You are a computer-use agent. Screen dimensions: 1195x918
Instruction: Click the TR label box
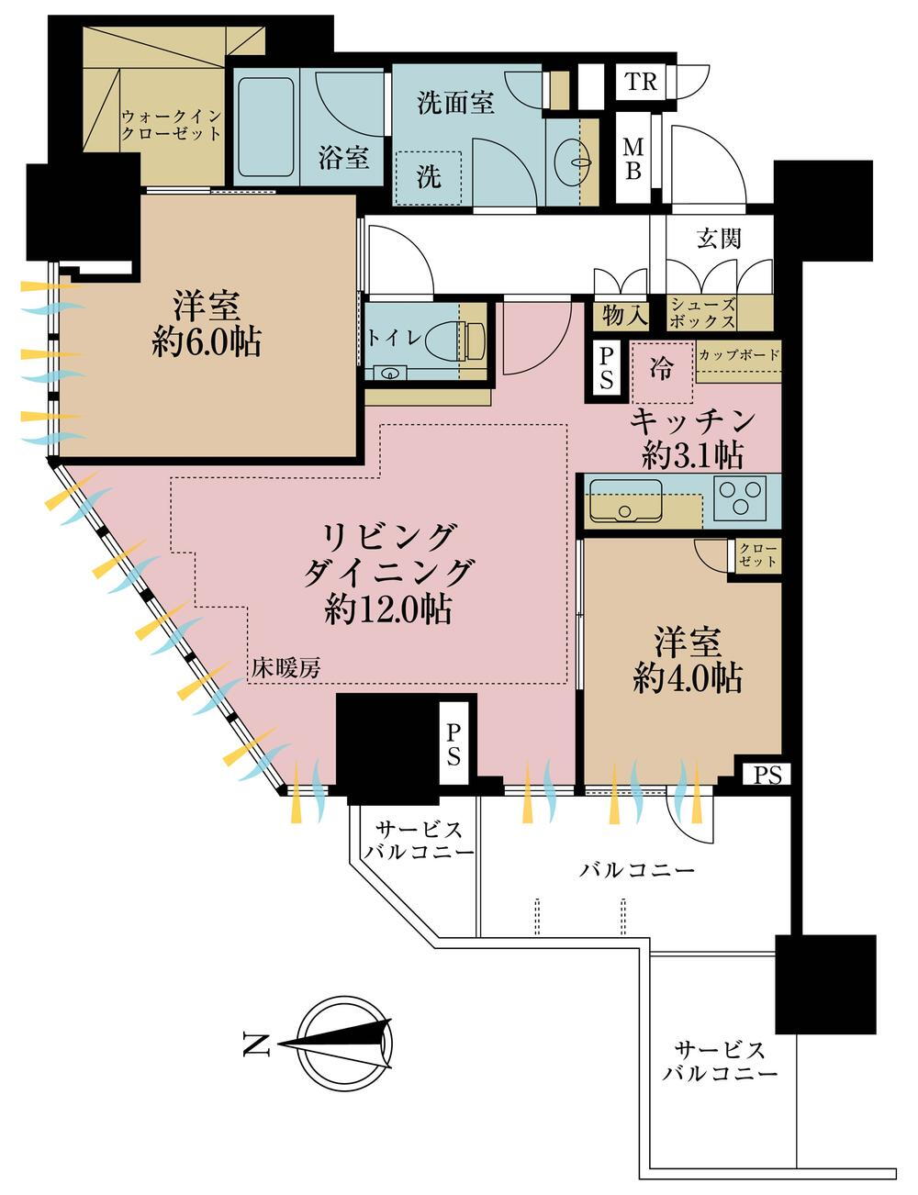coord(642,82)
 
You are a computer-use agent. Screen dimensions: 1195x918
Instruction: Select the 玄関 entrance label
coord(718,239)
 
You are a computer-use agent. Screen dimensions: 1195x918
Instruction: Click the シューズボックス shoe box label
coord(702,314)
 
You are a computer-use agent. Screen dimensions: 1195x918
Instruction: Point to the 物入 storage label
coord(625,316)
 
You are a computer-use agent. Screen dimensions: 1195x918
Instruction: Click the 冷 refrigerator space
coord(661,370)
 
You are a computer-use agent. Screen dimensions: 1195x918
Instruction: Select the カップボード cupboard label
coord(739,355)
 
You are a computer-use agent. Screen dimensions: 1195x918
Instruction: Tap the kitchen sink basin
coord(625,500)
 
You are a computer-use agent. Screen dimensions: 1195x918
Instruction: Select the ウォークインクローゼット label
coord(173,126)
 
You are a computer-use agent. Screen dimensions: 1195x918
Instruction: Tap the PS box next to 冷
coord(605,367)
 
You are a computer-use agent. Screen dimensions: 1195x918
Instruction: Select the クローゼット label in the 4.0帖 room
coord(757,556)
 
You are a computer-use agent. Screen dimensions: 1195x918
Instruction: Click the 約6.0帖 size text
coord(207,342)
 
